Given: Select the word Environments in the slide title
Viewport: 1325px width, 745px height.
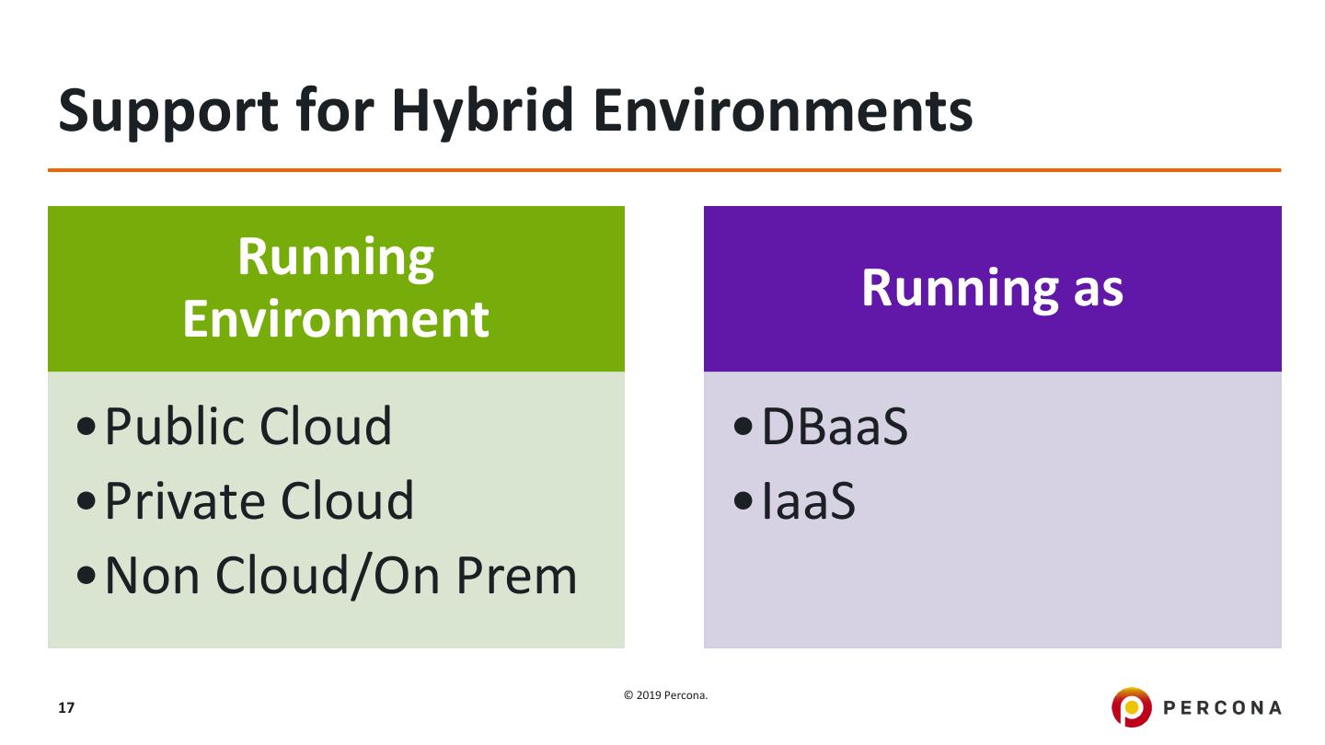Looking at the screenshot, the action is [782, 109].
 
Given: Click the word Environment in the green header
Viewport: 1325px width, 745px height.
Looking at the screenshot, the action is [336, 318].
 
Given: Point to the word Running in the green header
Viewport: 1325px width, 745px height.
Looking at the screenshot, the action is [336, 257].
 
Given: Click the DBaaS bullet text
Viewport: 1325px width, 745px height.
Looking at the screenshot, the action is [835, 427].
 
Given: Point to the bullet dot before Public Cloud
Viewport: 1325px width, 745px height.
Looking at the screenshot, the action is [86, 430].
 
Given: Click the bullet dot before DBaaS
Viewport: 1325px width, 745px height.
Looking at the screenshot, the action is [743, 430].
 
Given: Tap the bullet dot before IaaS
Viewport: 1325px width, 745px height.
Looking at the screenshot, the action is [743, 503].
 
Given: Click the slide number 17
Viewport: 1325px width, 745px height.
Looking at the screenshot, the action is [66, 708].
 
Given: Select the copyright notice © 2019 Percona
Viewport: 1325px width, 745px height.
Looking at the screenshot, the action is [666, 695].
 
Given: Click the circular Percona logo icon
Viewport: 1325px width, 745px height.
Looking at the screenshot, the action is [1131, 707].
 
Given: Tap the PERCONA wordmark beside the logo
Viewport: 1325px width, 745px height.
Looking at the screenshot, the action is [1223, 708].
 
